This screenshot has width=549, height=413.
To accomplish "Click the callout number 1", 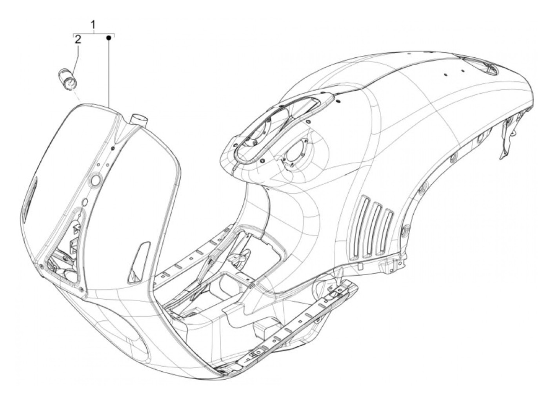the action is click(93, 26).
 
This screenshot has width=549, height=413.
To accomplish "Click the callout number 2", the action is click(78, 39).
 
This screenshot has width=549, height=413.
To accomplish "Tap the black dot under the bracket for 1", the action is click(110, 38).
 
